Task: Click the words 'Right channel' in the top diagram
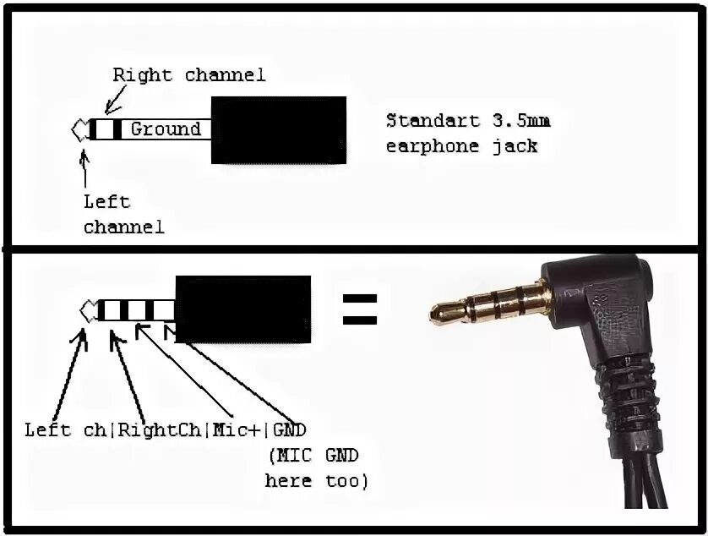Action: click(x=189, y=74)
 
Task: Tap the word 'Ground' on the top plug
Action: click(x=166, y=129)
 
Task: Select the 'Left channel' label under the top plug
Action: click(x=123, y=214)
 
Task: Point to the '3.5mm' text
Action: click(x=520, y=120)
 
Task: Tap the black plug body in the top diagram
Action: click(x=278, y=129)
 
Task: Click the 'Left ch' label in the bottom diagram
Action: click(x=65, y=429)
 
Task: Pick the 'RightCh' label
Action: click(x=160, y=429)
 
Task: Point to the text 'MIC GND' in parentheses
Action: click(x=314, y=456)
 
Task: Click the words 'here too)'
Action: click(x=316, y=481)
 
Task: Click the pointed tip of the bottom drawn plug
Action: click(x=86, y=310)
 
